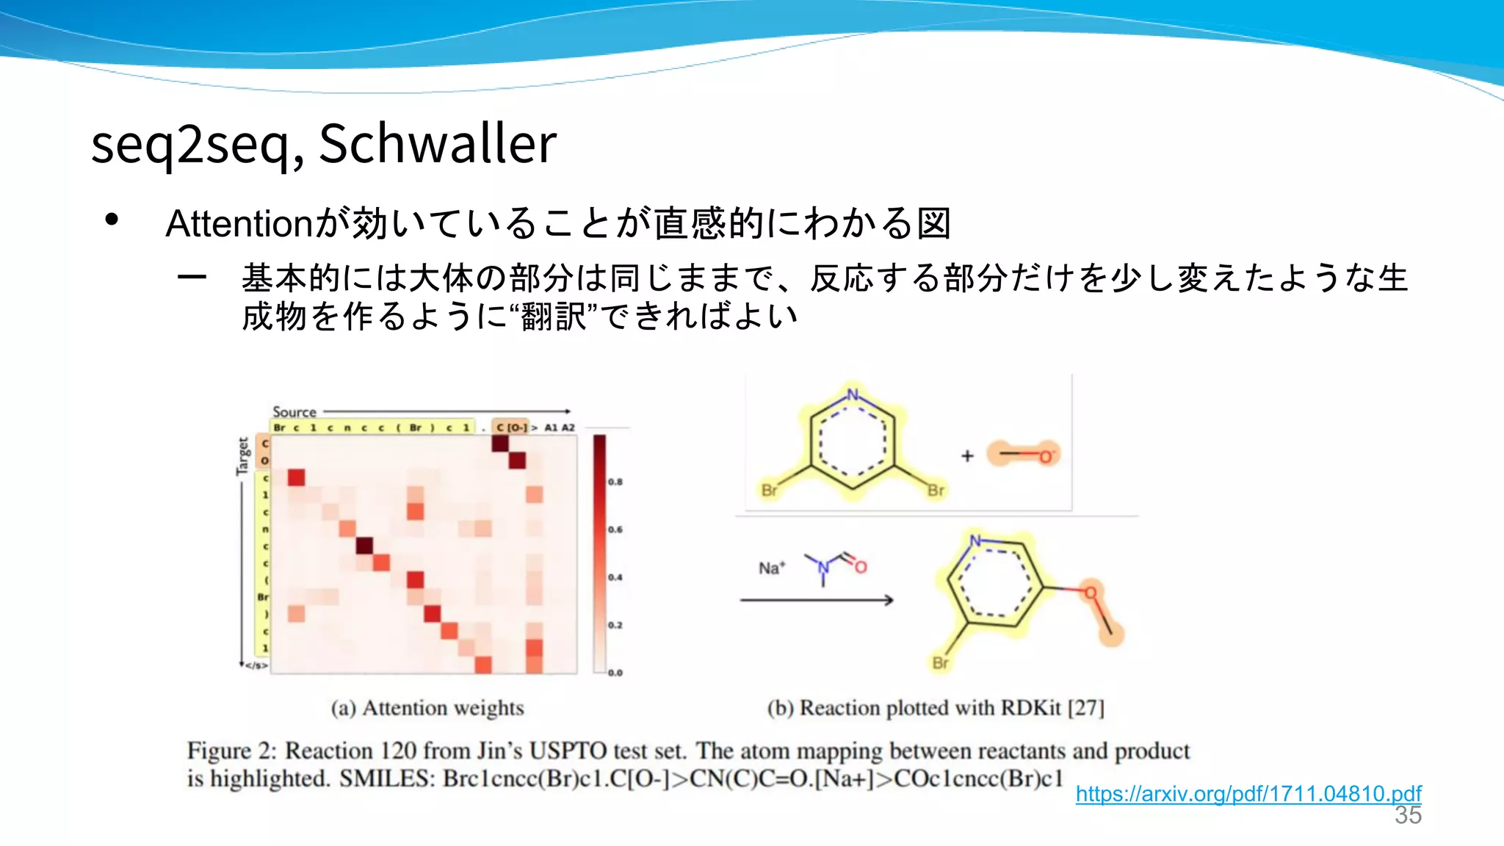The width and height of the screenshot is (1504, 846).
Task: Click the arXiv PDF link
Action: pyautogui.click(x=1248, y=794)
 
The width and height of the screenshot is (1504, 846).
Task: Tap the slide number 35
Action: pyautogui.click(x=1408, y=815)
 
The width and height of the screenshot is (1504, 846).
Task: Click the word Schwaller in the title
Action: pyautogui.click(x=438, y=143)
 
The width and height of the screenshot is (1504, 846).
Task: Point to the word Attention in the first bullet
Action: pyautogui.click(x=239, y=223)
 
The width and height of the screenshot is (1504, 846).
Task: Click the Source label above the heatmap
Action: pyautogui.click(x=294, y=412)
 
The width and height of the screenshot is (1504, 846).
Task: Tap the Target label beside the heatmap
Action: pyautogui.click(x=243, y=456)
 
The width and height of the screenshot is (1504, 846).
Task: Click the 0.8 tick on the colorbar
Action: pyautogui.click(x=615, y=482)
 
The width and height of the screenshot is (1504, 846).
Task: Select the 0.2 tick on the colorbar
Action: pyautogui.click(x=615, y=625)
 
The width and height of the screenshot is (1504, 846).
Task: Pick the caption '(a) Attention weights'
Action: pyautogui.click(x=427, y=708)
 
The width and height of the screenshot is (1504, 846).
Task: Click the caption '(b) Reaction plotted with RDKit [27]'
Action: pyautogui.click(x=936, y=708)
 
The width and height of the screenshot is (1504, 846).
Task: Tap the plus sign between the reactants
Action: pyautogui.click(x=967, y=456)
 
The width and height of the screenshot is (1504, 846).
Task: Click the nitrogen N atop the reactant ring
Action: pyautogui.click(x=853, y=394)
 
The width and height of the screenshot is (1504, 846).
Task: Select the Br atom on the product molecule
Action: pyautogui.click(x=941, y=663)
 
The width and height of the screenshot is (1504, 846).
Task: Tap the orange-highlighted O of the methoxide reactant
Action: pyautogui.click(x=1045, y=457)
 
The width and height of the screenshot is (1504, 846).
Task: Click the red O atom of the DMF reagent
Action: pyautogui.click(x=861, y=567)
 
